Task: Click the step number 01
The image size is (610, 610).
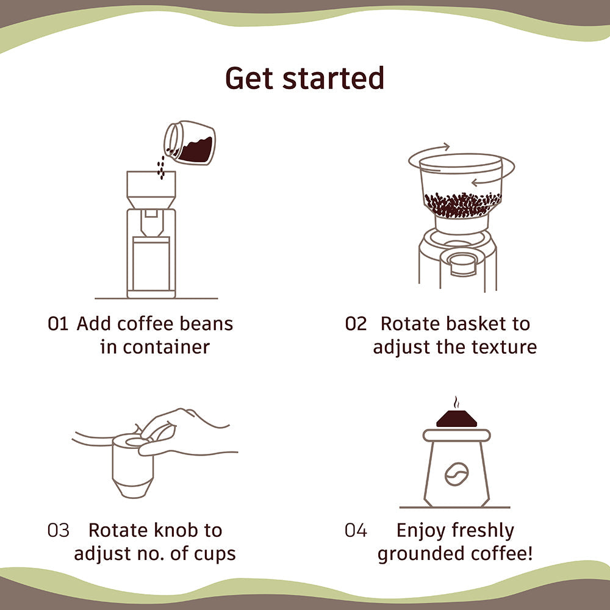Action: (x=58, y=324)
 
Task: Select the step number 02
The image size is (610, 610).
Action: (x=356, y=324)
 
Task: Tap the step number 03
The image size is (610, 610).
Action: (x=59, y=530)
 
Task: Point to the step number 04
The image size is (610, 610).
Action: (x=356, y=530)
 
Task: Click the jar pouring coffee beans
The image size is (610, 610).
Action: (x=190, y=144)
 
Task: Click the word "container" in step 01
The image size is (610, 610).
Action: (x=166, y=347)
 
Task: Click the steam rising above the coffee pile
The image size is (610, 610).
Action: (x=456, y=403)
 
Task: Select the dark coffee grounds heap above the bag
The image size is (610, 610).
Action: (x=456, y=420)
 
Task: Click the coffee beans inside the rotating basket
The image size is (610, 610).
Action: (x=462, y=204)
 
